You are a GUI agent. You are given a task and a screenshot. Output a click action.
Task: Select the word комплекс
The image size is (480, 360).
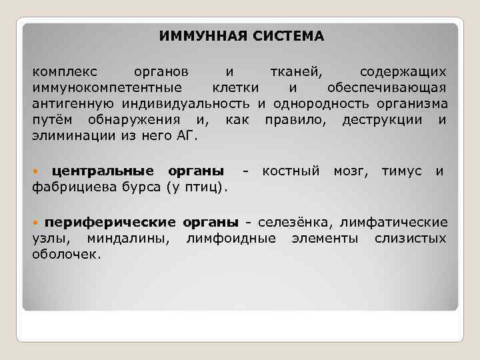point(64,71)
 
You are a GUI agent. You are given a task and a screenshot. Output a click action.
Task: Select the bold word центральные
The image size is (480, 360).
point(103,172)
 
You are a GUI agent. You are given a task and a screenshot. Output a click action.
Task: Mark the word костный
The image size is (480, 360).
point(291,172)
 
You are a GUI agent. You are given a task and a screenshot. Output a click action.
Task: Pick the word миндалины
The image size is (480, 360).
point(131,237)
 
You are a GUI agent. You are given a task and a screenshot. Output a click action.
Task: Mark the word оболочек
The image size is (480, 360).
point(65,253)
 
